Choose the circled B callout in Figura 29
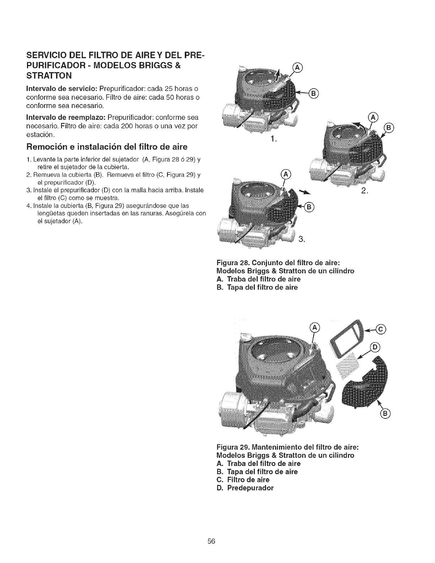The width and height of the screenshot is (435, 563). point(385,413)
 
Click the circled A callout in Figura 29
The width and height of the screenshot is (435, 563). point(314,327)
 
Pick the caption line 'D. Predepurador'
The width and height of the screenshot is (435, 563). point(245,488)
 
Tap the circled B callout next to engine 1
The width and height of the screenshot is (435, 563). point(313,94)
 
